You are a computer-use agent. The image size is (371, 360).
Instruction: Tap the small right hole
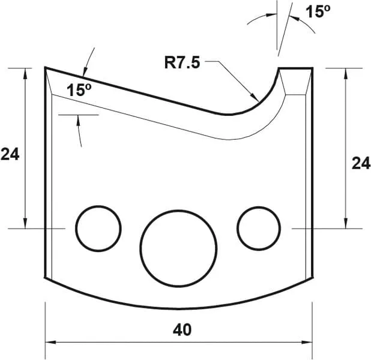[x=259, y=228]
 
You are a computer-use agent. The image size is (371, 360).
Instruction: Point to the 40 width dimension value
[x=178, y=329]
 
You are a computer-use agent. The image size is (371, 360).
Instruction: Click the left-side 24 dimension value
[x=10, y=154]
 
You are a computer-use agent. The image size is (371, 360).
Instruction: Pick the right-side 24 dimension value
[x=360, y=163]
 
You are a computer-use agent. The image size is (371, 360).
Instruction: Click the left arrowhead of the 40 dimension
[x=50, y=343]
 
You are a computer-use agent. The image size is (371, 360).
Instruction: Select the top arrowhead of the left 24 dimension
[x=25, y=73]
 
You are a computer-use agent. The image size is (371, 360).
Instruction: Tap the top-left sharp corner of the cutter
[x=46, y=67]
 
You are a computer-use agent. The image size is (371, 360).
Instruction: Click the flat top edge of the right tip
[x=295, y=68]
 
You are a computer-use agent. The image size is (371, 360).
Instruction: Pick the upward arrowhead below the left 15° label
[x=79, y=119]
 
